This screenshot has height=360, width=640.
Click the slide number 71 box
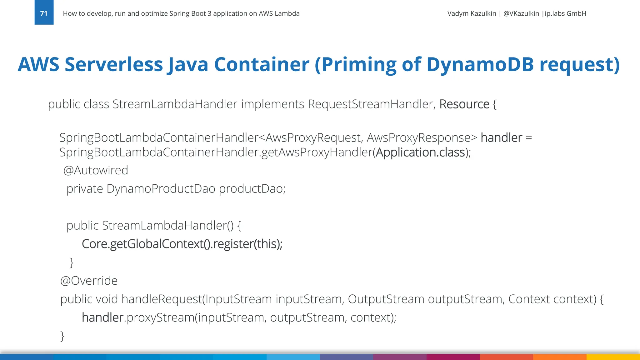(x=44, y=12)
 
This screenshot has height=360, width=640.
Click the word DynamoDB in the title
(x=480, y=64)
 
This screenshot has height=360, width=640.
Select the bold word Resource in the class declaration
(x=464, y=104)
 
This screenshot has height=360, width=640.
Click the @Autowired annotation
(x=96, y=170)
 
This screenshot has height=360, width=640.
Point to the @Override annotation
(x=89, y=281)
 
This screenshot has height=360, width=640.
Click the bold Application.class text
(x=420, y=152)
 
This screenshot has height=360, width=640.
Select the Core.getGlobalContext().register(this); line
(x=182, y=244)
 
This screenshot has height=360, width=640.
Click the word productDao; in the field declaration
(x=252, y=189)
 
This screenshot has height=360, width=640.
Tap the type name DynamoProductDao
(x=161, y=189)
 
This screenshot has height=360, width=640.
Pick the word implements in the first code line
(x=272, y=104)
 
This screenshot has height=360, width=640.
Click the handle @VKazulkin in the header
(x=521, y=13)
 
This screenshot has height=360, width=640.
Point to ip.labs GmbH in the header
(x=565, y=13)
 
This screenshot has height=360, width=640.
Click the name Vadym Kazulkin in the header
(x=472, y=13)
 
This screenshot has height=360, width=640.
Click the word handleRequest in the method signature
(x=162, y=299)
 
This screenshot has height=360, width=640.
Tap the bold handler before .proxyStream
(x=102, y=317)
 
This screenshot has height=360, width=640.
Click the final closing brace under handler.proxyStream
(x=62, y=336)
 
